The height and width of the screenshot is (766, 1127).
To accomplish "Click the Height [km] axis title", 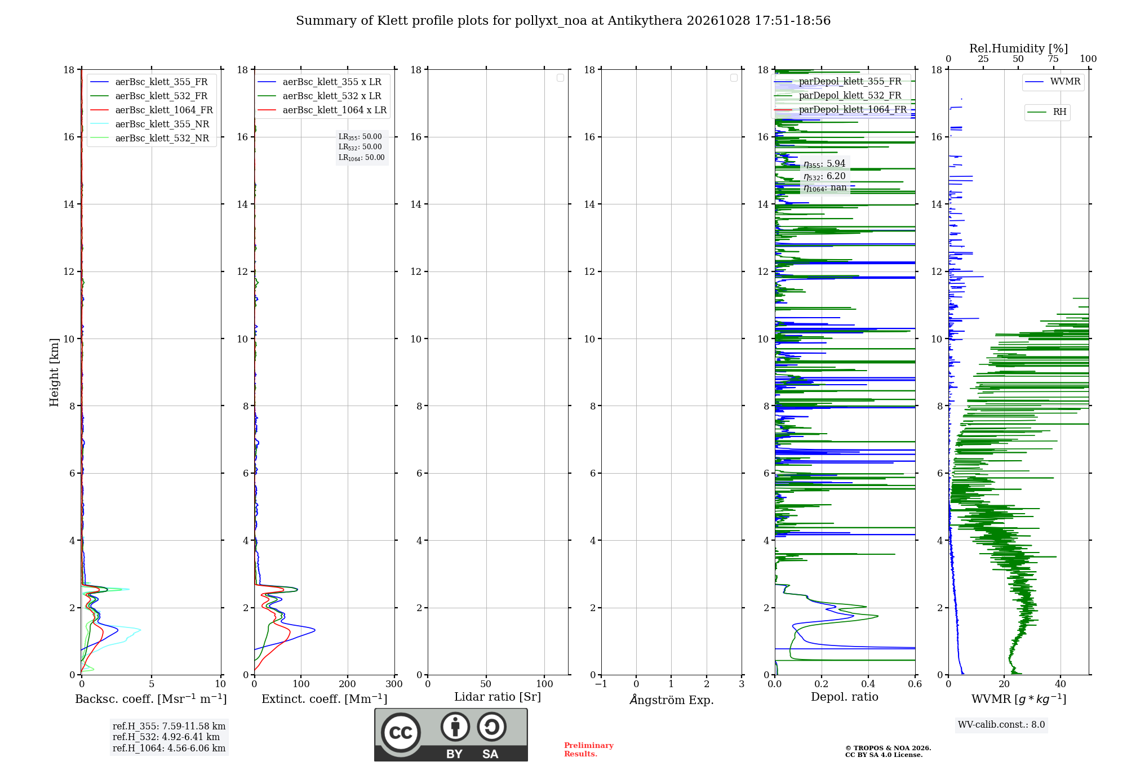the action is (x=54, y=372).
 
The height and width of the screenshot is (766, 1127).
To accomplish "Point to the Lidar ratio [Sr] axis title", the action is (x=498, y=697).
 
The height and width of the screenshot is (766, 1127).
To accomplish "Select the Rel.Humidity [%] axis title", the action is (x=1018, y=48).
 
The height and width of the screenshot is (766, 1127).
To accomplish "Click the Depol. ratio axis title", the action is (x=845, y=697).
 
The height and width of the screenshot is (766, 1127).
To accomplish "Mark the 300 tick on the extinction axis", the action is (x=394, y=684).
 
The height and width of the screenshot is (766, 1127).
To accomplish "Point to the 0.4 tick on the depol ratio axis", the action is (x=868, y=684).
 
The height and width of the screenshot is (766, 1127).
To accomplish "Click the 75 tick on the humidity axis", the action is (x=1053, y=59).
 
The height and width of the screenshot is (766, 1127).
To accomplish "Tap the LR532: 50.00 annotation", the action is (x=360, y=147).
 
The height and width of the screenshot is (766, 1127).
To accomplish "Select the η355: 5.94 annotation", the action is (x=824, y=164).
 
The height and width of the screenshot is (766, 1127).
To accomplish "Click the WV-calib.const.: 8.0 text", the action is (x=1001, y=725).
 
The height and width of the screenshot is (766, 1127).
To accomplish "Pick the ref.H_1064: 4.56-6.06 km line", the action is (x=169, y=749).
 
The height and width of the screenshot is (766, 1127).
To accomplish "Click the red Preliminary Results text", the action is (x=589, y=750).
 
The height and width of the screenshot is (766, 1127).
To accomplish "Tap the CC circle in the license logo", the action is (x=401, y=733).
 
